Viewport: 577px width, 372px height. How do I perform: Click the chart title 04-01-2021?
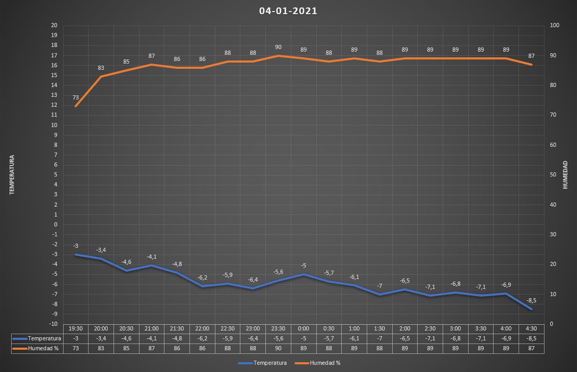point(288,11)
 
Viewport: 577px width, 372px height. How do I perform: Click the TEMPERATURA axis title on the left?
point(12,175)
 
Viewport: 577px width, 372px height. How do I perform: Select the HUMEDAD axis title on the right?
point(565,175)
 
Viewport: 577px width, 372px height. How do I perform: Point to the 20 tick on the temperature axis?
point(54,25)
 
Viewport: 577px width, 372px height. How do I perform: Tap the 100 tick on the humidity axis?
point(554,25)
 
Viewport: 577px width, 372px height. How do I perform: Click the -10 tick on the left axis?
point(53,324)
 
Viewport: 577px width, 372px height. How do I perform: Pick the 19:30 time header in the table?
point(76,329)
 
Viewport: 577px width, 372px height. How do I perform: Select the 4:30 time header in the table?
point(531,329)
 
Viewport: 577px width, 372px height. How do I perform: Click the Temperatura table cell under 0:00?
point(303,339)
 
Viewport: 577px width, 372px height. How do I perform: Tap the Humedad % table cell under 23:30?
point(278,348)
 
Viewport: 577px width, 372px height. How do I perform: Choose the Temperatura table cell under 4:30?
point(531,339)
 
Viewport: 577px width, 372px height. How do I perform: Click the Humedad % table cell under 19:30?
point(76,348)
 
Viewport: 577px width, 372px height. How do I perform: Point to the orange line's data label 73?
point(76,98)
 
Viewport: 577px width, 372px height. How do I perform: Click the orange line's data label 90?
point(278,47)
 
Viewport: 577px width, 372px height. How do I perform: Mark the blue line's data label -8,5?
point(531,301)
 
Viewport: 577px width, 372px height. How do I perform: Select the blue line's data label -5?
point(303,266)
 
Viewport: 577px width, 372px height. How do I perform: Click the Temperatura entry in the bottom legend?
point(270,363)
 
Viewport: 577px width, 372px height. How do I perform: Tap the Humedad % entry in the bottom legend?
point(325,363)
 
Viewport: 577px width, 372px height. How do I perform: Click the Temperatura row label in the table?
point(44,339)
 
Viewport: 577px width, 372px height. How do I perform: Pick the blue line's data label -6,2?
point(202,278)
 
